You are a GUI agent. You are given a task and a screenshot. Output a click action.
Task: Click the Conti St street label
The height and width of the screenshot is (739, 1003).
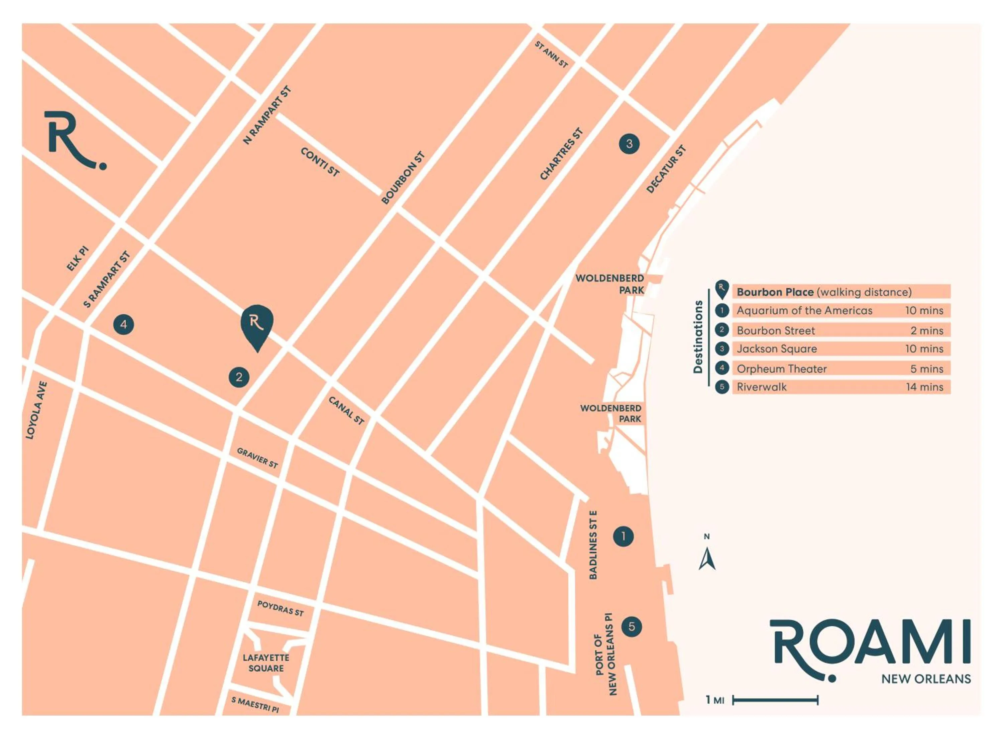(320, 162)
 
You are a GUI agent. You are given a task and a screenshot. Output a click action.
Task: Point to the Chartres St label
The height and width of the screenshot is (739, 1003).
(561, 154)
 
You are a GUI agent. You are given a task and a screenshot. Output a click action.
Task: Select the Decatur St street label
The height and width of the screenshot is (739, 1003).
(666, 169)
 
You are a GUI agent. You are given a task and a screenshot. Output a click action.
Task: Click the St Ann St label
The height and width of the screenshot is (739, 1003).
(551, 54)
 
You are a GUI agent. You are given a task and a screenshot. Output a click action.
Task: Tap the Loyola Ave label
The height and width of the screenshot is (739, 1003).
(36, 410)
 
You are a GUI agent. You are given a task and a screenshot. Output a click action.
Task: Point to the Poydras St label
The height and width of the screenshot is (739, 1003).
(280, 608)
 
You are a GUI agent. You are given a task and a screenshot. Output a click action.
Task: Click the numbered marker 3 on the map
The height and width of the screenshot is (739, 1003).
(629, 144)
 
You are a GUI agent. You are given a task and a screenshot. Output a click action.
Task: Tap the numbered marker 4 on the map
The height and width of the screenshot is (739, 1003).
(123, 324)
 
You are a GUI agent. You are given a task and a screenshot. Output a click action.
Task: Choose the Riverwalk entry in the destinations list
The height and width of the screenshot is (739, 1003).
(761, 387)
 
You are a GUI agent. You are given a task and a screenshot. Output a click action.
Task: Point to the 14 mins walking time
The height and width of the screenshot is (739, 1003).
(924, 387)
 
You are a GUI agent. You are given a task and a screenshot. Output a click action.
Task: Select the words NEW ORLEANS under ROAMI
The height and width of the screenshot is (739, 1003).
(925, 679)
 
